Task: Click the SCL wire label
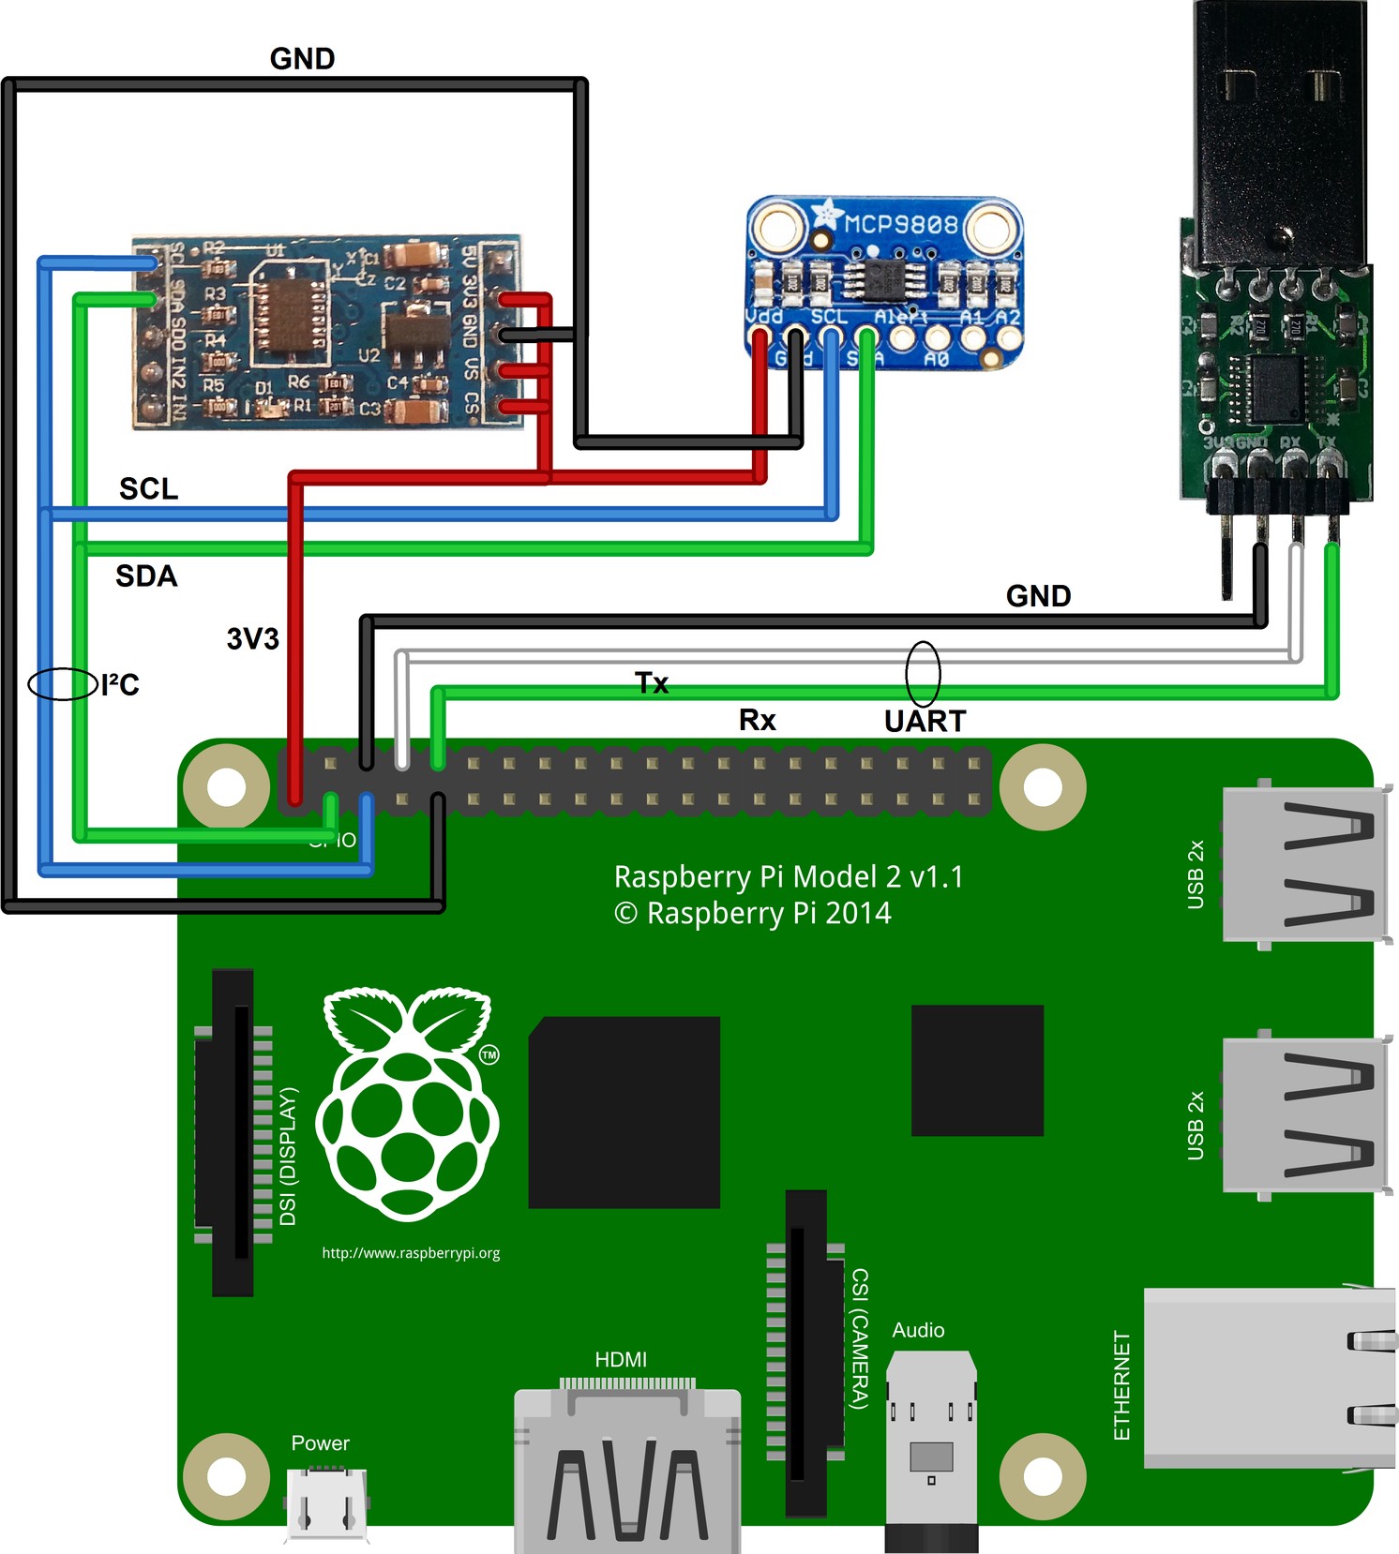pyautogui.click(x=148, y=488)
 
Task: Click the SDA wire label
pyautogui.click(x=146, y=575)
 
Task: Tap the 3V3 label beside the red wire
pyautogui.click(x=253, y=639)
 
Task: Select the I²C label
pyautogui.click(x=120, y=685)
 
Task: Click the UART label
pyautogui.click(x=925, y=721)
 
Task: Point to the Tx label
pyautogui.click(x=652, y=682)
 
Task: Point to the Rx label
pyautogui.click(x=757, y=720)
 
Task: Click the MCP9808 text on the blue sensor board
pyautogui.click(x=901, y=224)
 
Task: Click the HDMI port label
pyautogui.click(x=621, y=1359)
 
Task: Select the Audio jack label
pyautogui.click(x=918, y=1330)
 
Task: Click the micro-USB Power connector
pyautogui.click(x=326, y=1503)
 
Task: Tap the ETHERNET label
pyautogui.click(x=1121, y=1385)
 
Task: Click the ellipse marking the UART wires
pyautogui.click(x=923, y=674)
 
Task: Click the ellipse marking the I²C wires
pyautogui.click(x=63, y=683)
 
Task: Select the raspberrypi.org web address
pyautogui.click(x=411, y=1253)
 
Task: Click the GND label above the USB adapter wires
pyautogui.click(x=1038, y=596)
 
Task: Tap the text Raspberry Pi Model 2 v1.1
pyautogui.click(x=789, y=876)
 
